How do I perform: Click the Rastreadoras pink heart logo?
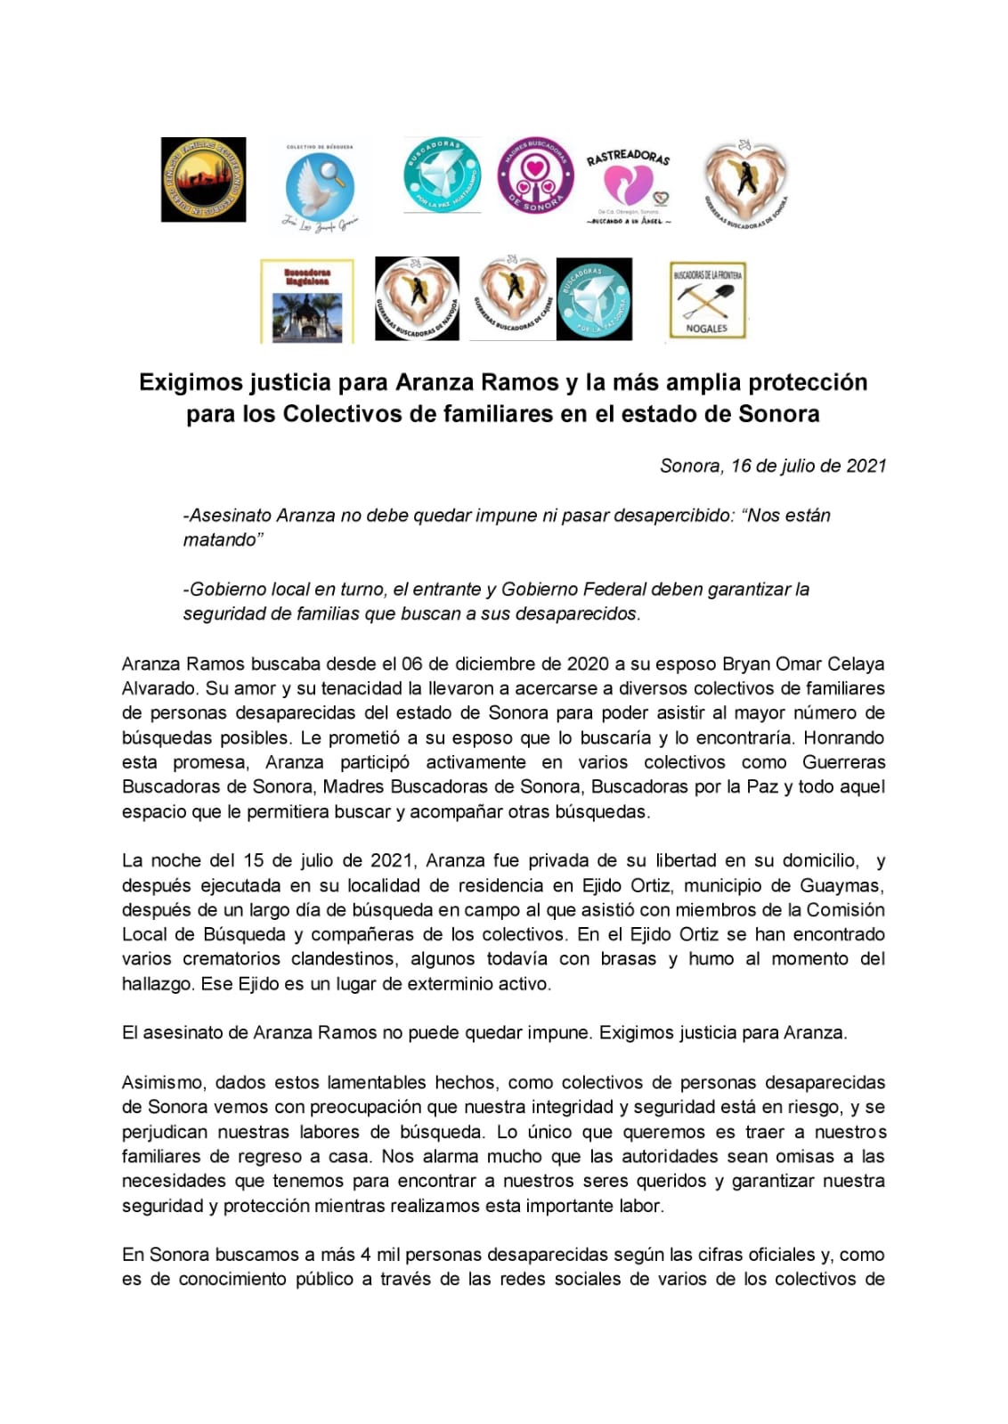[x=628, y=184]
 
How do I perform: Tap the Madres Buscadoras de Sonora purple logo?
[x=536, y=175]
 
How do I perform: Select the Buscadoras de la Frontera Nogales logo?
[x=707, y=301]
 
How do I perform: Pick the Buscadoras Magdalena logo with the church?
[x=307, y=301]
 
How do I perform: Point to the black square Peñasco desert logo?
[x=203, y=179]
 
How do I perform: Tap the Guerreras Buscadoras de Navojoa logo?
[x=417, y=298]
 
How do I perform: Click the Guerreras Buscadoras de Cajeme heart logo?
[x=512, y=297]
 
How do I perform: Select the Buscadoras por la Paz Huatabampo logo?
[x=442, y=175]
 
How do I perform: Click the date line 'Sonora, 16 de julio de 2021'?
[x=772, y=466]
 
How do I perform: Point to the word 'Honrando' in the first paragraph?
[x=845, y=737]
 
